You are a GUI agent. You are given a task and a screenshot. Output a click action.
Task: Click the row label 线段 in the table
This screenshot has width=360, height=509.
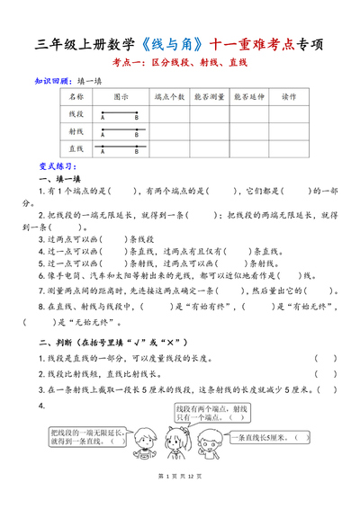point(76,114)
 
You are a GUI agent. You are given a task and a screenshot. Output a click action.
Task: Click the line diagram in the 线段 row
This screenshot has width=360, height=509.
point(120,114)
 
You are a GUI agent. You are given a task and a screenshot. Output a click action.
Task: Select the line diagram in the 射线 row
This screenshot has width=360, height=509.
point(120,131)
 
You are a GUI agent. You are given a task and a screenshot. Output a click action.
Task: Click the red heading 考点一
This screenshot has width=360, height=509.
point(179,63)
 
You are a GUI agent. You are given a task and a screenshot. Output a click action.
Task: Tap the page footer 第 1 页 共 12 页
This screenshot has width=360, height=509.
point(179,499)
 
